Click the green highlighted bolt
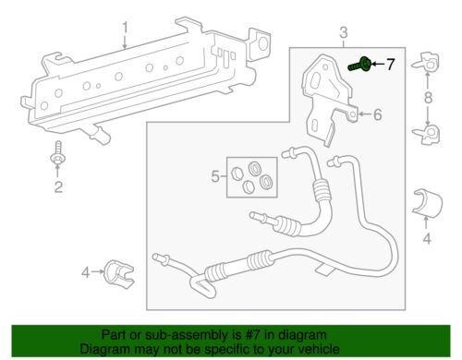359,64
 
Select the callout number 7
390,65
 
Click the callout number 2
58,186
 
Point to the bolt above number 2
58,153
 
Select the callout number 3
344,32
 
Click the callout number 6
378,114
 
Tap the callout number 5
215,176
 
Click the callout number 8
428,98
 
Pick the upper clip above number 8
427,62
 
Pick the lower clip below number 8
428,134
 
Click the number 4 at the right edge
427,238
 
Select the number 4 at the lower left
86,272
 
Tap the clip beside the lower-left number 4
119,275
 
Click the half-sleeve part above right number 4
428,204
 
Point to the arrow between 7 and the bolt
378,64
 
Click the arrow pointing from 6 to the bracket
365,114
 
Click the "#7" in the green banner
251,335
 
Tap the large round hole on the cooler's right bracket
262,43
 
